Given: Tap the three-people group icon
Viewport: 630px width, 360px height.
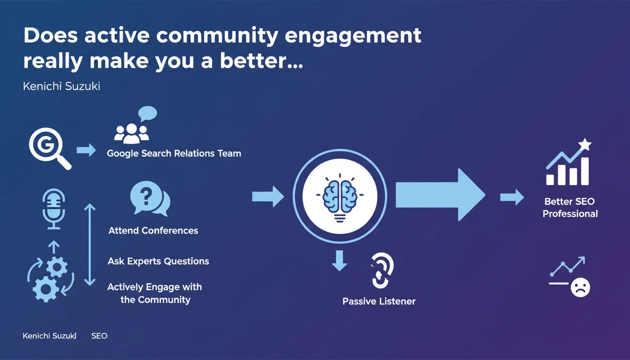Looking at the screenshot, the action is [131, 134].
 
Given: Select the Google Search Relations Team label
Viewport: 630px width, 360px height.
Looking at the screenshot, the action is [174, 154].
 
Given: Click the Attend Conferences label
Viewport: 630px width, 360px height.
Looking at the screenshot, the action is [153, 231].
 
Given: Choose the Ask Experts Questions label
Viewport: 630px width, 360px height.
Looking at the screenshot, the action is [158, 261].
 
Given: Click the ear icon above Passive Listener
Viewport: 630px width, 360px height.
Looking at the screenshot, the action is [382, 270].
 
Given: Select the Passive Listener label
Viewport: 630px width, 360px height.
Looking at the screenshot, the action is [379, 301].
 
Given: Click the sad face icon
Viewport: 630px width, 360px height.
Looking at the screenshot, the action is [580, 287].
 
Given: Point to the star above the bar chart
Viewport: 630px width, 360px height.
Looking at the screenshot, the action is [585, 144].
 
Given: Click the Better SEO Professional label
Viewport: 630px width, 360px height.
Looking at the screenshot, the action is [570, 208].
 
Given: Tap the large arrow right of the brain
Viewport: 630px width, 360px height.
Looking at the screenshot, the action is [441, 195].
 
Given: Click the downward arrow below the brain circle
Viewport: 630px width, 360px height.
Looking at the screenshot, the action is [339, 261].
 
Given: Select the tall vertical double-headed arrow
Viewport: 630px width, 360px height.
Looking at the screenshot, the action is [90, 245].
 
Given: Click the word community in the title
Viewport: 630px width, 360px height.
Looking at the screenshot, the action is [217, 36].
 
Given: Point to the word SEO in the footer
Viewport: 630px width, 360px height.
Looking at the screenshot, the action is [99, 336].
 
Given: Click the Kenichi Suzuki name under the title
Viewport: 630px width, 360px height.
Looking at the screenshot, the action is [61, 86].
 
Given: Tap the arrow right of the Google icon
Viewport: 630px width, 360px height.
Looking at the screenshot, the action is [86, 150].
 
